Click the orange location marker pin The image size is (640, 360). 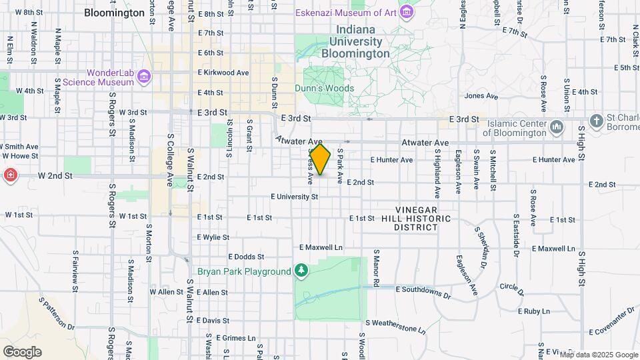pos(320,159)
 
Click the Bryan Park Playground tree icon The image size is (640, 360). pos(301,271)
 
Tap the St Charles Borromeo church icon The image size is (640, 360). pos(596,121)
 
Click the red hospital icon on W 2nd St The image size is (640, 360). pos(11,176)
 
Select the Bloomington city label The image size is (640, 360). pos(115,13)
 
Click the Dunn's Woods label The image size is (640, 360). pos(325,88)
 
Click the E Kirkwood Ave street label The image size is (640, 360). pos(223,73)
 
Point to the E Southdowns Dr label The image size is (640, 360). pos(423,290)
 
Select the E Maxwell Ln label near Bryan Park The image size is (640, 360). pos(321,247)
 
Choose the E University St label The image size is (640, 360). pos(295,197)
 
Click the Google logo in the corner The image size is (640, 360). pos(22,351)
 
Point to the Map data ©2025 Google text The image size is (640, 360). pos(598,355)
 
